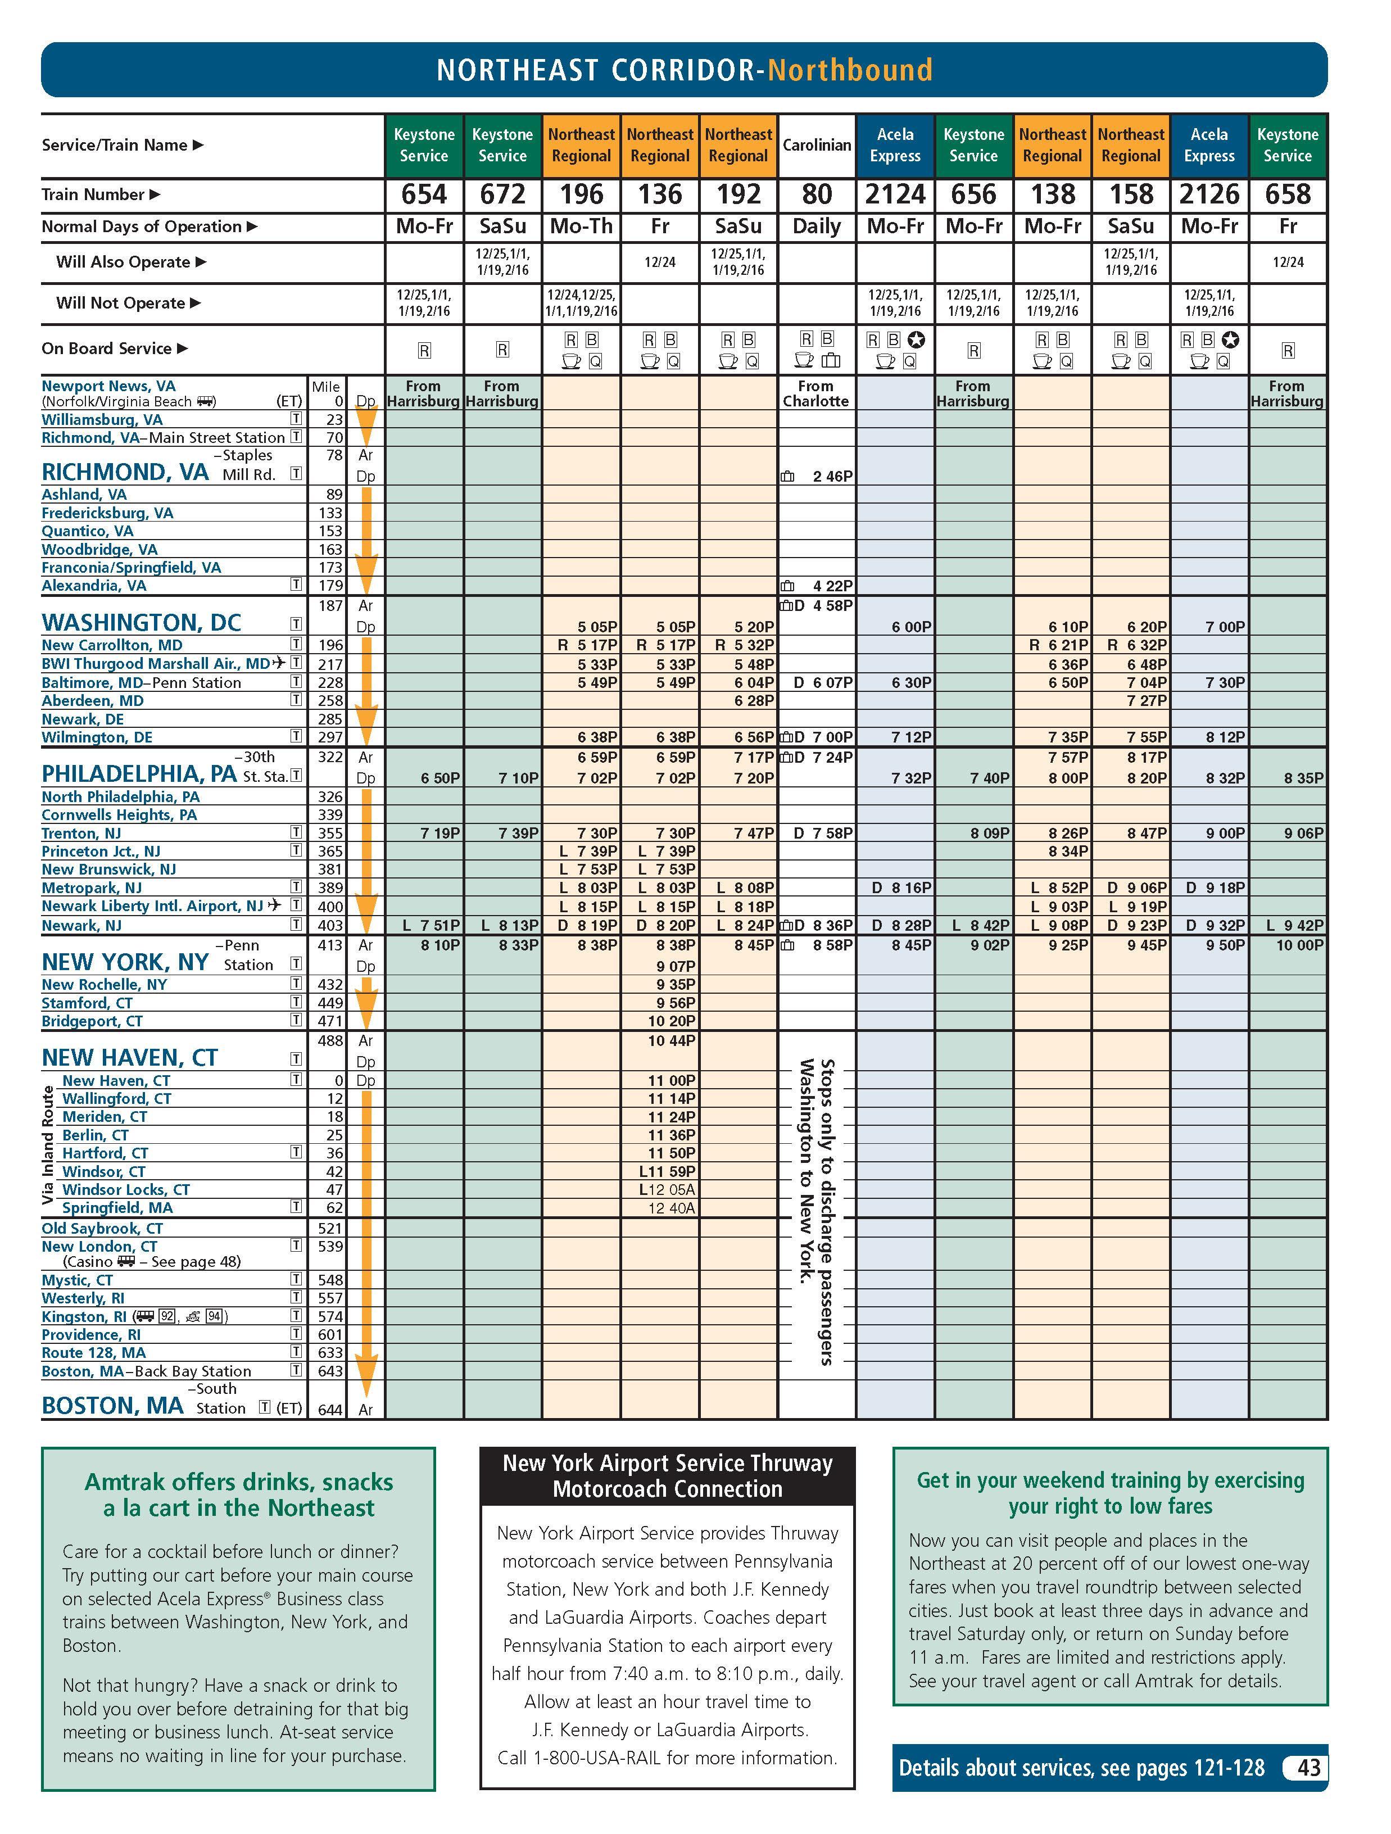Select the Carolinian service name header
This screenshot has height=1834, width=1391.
817,145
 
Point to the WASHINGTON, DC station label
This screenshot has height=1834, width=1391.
141,623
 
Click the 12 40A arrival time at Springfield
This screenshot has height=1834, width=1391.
672,1208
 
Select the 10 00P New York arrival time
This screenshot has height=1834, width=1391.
1299,945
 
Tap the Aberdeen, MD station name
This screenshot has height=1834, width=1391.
93,700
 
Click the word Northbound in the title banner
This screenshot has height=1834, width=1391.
850,70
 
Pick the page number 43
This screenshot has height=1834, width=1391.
1308,1768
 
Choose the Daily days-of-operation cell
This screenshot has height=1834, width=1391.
817,227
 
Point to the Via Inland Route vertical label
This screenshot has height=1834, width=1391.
48,1144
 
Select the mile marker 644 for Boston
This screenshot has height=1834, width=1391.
330,1410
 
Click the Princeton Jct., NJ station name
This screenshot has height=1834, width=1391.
101,852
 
